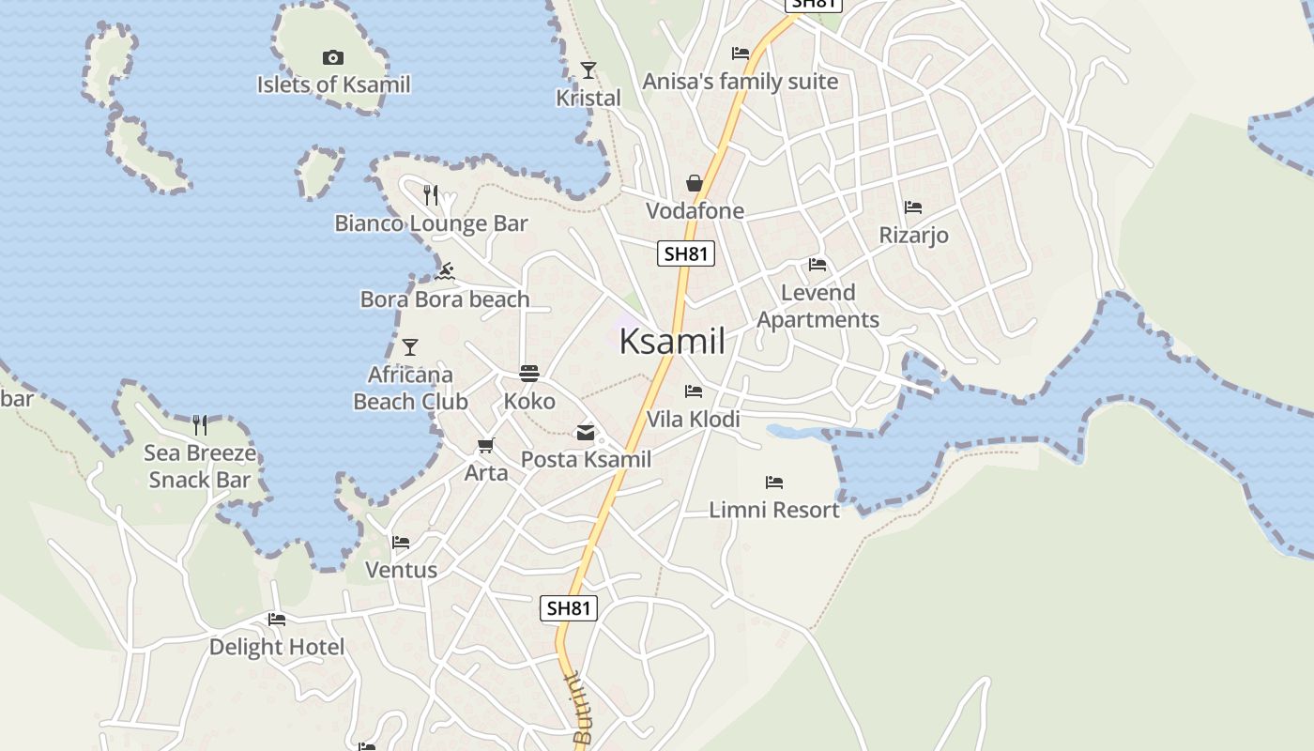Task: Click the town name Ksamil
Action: tap(672, 342)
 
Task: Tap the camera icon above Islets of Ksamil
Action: tap(332, 58)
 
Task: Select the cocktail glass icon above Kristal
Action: tap(588, 70)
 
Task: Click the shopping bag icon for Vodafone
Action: tap(695, 183)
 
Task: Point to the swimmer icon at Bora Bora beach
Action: tap(445, 272)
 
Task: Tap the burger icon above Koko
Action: tap(529, 374)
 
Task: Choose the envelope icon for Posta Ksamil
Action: tap(586, 433)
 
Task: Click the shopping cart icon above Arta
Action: tap(485, 446)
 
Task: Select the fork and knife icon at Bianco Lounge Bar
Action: tap(431, 195)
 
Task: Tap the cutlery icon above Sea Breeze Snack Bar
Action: tap(200, 425)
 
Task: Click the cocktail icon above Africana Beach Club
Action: tap(410, 347)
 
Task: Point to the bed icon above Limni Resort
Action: tap(774, 483)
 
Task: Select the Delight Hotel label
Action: tap(277, 647)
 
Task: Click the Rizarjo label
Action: tap(913, 235)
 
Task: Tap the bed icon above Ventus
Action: tap(401, 543)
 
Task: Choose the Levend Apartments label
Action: tap(818, 306)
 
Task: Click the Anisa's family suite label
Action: tap(741, 82)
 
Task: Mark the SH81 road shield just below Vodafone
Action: tap(686, 253)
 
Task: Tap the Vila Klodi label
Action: tap(694, 419)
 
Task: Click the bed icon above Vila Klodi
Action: tap(694, 391)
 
